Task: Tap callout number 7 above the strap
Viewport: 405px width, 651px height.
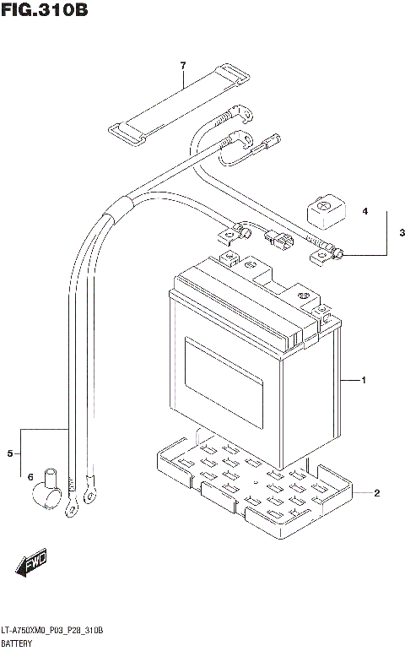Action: point(181,65)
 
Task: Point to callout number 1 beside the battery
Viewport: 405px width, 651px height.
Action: point(363,382)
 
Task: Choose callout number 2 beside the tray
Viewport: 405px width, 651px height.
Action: point(376,493)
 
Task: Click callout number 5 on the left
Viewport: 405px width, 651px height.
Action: point(11,455)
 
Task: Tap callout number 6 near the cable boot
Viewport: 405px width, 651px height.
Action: point(30,476)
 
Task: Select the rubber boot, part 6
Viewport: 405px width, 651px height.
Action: point(49,492)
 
